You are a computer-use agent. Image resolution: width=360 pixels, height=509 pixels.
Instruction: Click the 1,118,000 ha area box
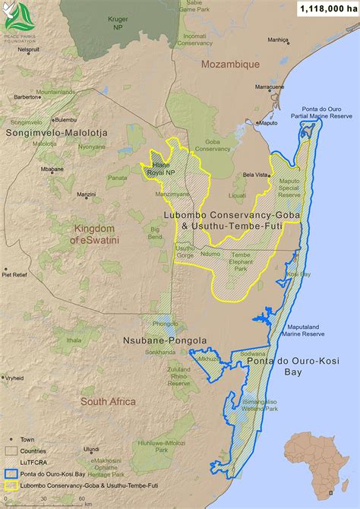point(325,9)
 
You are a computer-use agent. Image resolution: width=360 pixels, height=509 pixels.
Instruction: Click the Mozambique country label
point(230,65)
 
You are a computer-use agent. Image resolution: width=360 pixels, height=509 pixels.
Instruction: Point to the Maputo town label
point(268,122)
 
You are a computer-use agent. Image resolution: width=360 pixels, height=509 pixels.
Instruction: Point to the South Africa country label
point(109,401)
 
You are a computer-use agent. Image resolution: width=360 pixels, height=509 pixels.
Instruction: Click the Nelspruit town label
point(29,50)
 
